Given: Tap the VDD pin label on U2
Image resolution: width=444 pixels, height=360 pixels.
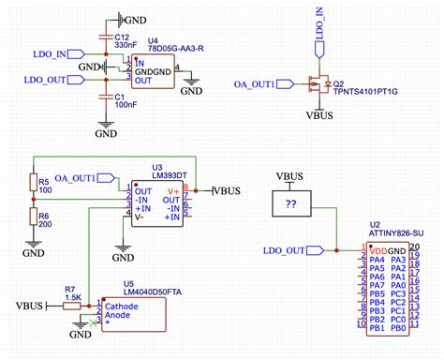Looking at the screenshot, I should click(377, 250).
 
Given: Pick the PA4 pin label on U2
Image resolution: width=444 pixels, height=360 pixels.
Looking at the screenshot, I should click(377, 260).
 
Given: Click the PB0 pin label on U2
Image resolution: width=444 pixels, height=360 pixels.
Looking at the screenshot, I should click(397, 327).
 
